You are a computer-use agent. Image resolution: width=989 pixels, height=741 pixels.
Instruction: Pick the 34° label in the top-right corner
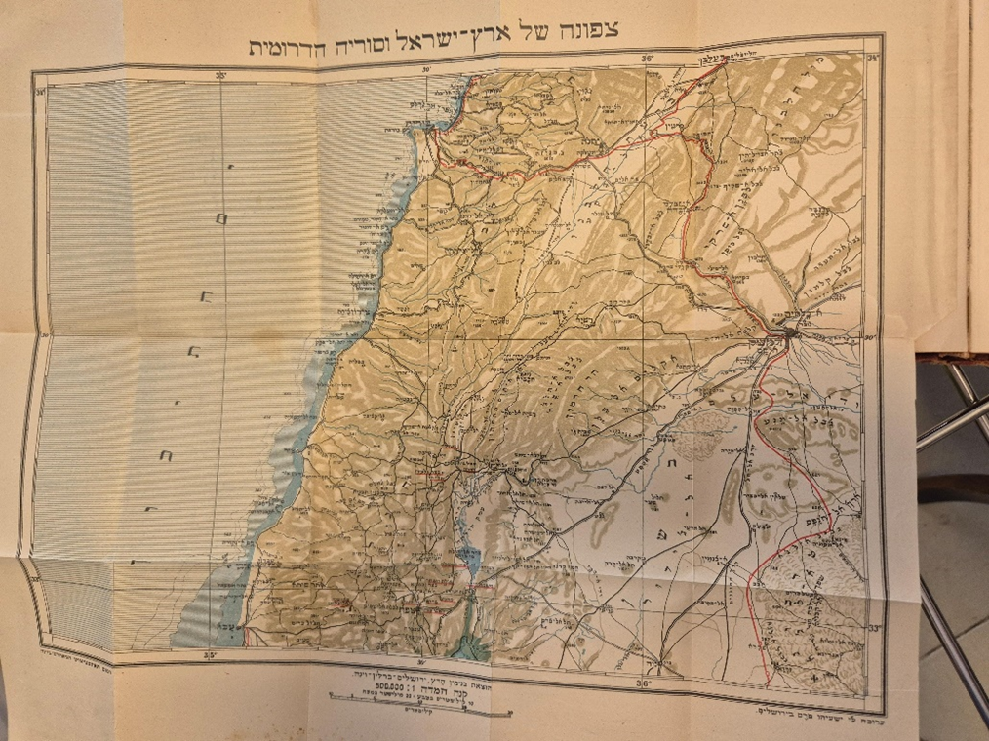tap(872, 58)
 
